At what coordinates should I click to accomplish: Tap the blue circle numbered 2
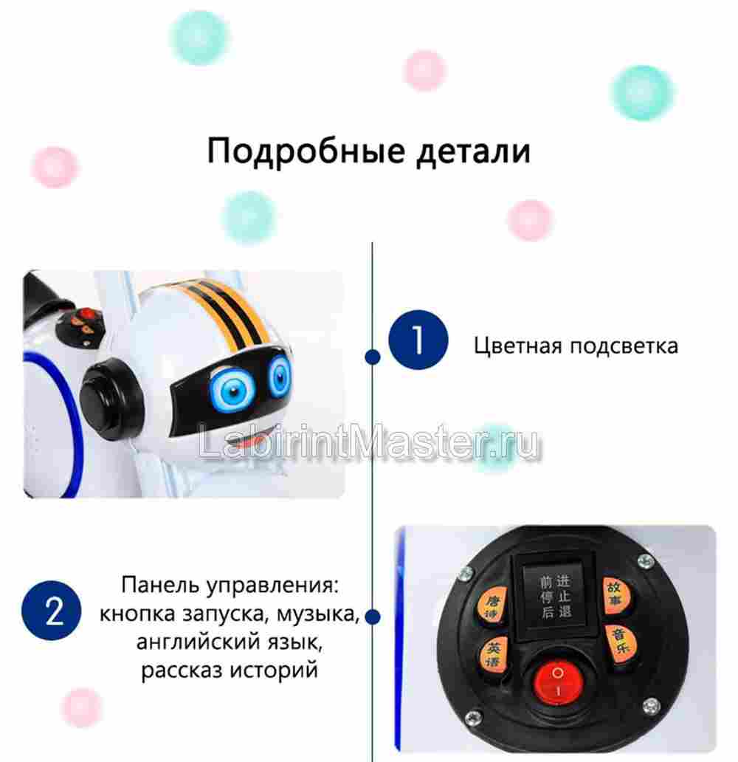(x=54, y=612)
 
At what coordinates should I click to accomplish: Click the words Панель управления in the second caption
(x=230, y=586)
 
